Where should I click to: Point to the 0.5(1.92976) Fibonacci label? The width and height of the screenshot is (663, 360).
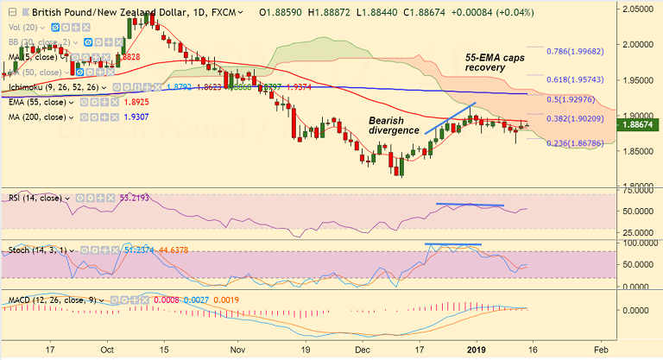coord(578,100)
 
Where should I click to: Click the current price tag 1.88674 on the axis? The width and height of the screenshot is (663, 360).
coord(639,125)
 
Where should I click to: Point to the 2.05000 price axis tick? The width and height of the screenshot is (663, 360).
coord(640,8)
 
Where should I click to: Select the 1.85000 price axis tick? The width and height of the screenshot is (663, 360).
coord(640,151)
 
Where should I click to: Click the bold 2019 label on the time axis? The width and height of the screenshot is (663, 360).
coord(477,348)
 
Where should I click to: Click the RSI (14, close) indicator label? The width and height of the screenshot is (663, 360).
coord(35,198)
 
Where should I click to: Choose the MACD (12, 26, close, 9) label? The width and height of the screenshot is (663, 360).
coord(53,300)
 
